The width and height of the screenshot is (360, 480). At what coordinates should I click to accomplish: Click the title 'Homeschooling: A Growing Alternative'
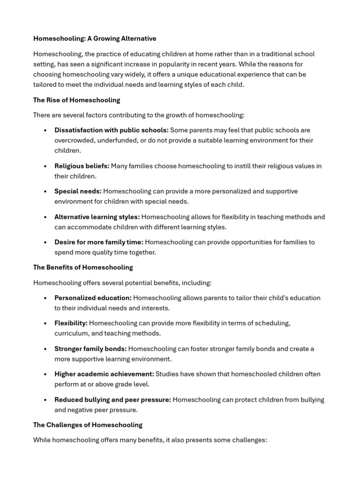95,38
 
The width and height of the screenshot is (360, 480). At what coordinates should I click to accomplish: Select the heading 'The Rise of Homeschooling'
76,100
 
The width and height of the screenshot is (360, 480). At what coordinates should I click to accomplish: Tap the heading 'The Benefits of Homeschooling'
83,267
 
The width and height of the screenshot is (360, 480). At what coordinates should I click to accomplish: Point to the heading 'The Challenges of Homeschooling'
88,425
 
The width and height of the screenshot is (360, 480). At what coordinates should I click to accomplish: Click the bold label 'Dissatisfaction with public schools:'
111,130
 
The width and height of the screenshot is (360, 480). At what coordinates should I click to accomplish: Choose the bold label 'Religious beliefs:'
82,166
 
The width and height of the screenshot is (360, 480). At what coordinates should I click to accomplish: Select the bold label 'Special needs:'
78,191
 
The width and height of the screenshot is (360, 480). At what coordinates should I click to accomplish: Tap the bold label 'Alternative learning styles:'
97,217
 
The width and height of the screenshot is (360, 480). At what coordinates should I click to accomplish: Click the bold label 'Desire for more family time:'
98,242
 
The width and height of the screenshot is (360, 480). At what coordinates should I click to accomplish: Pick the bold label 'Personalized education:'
93,298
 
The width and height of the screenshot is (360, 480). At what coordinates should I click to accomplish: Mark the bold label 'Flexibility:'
71,323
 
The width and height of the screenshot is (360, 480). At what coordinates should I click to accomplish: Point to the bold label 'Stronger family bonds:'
90,349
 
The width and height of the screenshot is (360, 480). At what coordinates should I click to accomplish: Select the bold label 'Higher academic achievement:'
104,374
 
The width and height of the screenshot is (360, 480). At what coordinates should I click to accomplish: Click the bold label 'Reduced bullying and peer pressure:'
112,399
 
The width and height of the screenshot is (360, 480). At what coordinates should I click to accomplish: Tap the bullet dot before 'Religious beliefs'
45,166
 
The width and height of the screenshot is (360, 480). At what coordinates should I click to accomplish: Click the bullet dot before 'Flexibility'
45,323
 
